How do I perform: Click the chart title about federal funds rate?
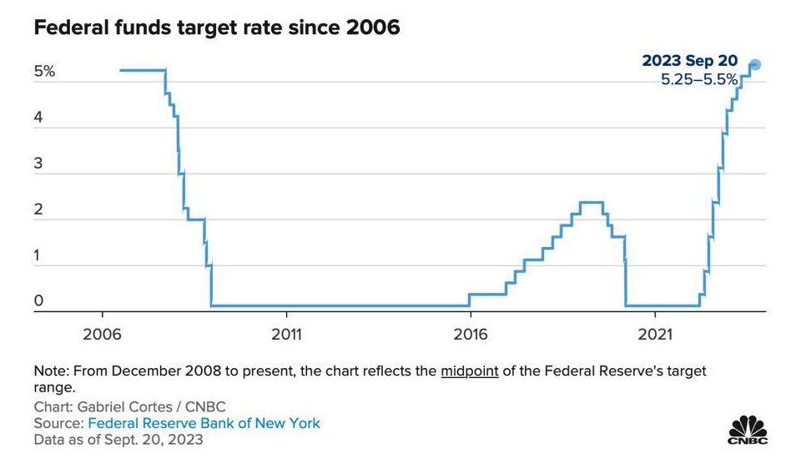[x=217, y=27]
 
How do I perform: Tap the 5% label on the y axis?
[x=45, y=71]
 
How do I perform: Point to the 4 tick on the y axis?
[x=38, y=118]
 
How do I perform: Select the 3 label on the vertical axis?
[x=38, y=164]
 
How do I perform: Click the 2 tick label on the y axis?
[x=38, y=209]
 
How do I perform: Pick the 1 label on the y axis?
[x=37, y=255]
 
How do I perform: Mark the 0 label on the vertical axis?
[x=38, y=300]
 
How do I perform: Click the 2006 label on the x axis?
[x=102, y=334]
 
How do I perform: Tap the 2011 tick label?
[x=286, y=334]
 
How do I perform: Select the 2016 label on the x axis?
[x=471, y=334]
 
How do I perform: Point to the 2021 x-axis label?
[x=655, y=334]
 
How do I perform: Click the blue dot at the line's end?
[x=755, y=64]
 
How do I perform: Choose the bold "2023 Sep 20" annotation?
[x=689, y=60]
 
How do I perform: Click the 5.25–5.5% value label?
[x=699, y=79]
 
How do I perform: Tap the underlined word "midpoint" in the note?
[x=470, y=371]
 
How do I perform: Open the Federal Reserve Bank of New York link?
[x=204, y=423]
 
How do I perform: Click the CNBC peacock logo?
[x=748, y=431]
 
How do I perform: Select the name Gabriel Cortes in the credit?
[x=125, y=406]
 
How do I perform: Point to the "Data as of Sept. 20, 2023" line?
[x=118, y=440]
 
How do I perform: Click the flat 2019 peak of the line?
[x=591, y=203]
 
